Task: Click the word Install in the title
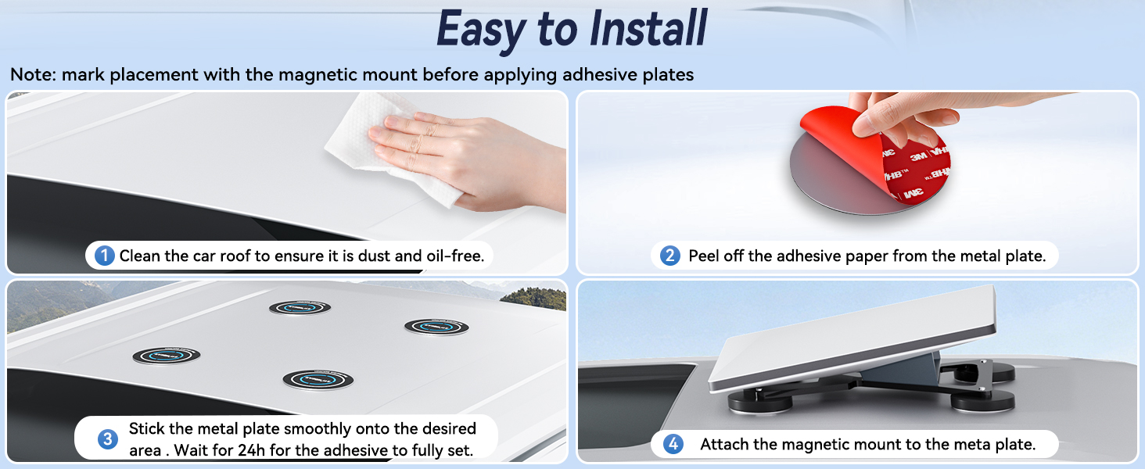648,28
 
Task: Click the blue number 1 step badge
105,256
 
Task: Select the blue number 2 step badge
669,256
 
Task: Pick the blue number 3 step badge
108,439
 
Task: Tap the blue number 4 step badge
673,444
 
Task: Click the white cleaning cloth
389,149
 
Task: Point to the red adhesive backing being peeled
879,153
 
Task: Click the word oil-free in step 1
455,256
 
